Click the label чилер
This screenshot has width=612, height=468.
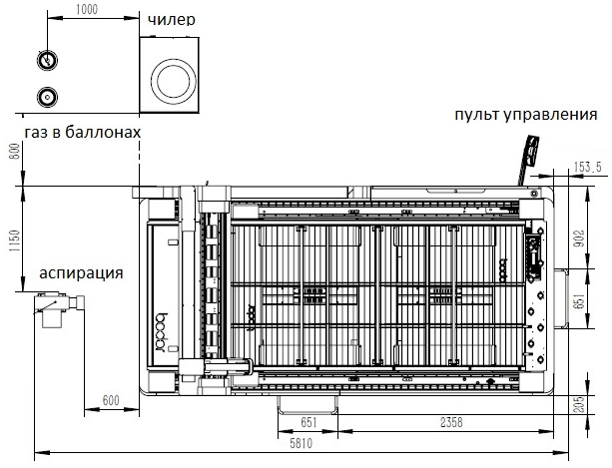172,20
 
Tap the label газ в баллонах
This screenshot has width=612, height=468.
82,132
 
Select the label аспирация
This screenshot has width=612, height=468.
81,273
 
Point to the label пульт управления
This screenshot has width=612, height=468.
526,115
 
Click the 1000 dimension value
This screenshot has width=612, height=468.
87,9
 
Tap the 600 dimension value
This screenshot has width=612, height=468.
111,400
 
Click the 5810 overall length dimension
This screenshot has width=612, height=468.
301,443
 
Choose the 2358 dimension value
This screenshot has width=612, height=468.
451,422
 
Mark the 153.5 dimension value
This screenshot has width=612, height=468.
588,168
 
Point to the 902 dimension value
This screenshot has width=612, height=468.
580,238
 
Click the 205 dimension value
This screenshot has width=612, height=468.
580,405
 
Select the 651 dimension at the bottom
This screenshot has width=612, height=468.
308,422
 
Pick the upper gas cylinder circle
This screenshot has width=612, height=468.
47,61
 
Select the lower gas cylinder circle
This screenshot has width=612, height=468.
47,97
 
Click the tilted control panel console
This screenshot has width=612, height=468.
528,159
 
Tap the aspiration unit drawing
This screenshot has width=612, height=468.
59,308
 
